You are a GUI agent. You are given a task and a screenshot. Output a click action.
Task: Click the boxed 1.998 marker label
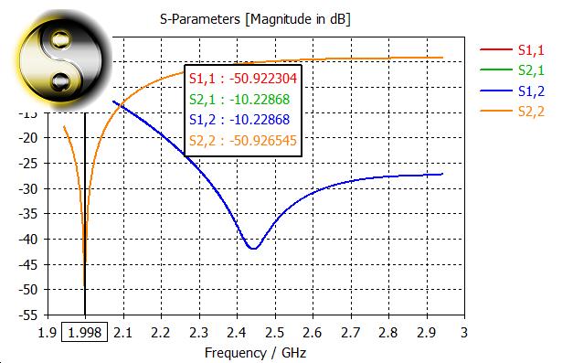pos(85,331)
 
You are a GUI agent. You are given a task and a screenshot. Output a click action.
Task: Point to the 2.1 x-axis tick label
pos(122,331)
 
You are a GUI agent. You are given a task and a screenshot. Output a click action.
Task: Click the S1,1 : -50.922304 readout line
pos(244,79)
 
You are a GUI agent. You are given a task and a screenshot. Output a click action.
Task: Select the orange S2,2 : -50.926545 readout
pos(244,140)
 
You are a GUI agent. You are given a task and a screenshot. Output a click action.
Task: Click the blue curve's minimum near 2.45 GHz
pos(252,249)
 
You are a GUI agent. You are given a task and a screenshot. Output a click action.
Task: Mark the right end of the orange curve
pos(442,58)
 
